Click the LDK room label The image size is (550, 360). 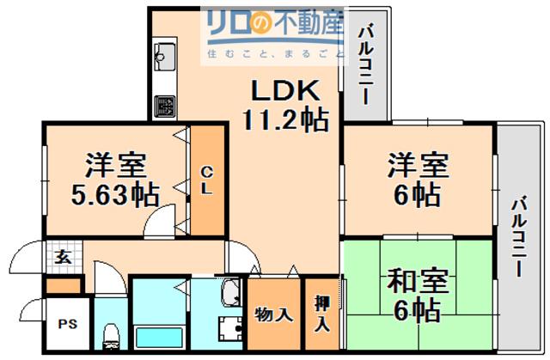pyautogui.click(x=286, y=90)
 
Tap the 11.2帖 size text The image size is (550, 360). pyautogui.click(x=286, y=120)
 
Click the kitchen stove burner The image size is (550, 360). pyautogui.click(x=165, y=107)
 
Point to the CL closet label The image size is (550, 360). pyautogui.click(x=206, y=180)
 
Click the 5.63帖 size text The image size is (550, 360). pyautogui.click(x=115, y=195)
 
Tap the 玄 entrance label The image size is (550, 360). pyautogui.click(x=64, y=258)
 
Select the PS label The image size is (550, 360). pyautogui.click(x=68, y=324)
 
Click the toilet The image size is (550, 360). pyautogui.click(x=111, y=336)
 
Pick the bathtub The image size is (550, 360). pyautogui.click(x=160, y=337)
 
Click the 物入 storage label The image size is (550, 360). pyautogui.click(x=273, y=314)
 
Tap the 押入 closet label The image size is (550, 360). pyautogui.click(x=322, y=313)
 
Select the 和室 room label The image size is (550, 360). pyautogui.click(x=418, y=281)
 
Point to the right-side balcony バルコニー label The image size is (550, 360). pyautogui.click(x=519, y=237)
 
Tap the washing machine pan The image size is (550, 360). pyautogui.click(x=230, y=329)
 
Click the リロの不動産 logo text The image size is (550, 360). pyautogui.click(x=276, y=22)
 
